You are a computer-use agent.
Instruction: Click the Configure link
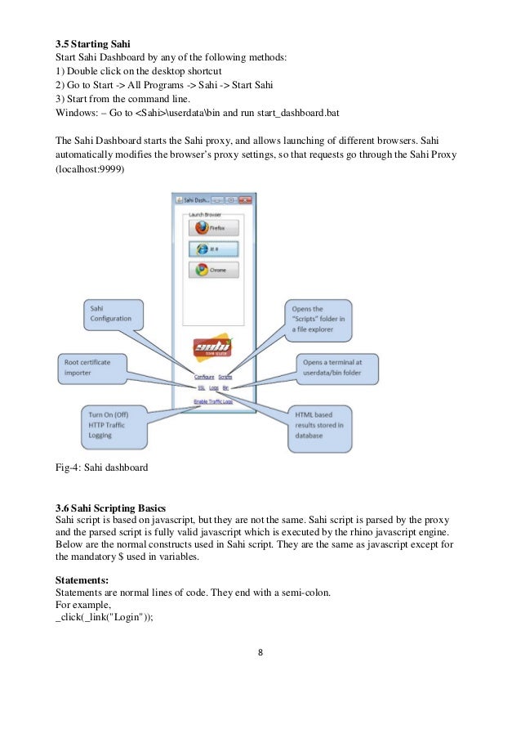(x=204, y=377)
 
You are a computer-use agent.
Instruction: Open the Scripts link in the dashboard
(x=225, y=377)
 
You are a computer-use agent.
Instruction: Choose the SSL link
(x=201, y=388)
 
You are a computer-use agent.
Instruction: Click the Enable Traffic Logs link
(x=212, y=401)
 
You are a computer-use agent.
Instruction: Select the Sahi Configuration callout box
(x=113, y=313)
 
